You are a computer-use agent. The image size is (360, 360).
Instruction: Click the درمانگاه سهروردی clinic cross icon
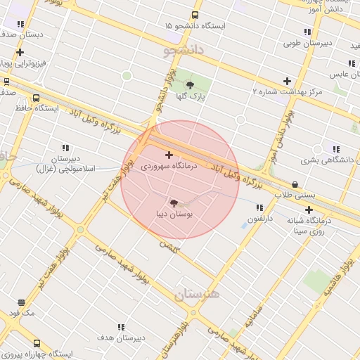[x=169, y=155]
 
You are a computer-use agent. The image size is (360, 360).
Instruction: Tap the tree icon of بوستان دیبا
[x=174, y=202]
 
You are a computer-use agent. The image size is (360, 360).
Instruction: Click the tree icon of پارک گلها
[x=189, y=85]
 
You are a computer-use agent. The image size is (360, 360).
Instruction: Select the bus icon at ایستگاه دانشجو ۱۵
[x=195, y=15]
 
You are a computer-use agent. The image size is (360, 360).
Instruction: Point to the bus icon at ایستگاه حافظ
[x=36, y=98]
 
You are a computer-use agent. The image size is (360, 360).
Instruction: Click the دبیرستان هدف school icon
[x=121, y=327]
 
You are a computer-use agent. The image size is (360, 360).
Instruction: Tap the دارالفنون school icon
[x=259, y=207]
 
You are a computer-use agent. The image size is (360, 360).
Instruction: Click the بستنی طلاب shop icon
[x=295, y=184]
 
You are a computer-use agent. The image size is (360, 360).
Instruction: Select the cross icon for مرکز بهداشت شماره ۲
[x=286, y=81]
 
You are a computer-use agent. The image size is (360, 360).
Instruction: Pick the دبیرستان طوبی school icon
[x=307, y=32]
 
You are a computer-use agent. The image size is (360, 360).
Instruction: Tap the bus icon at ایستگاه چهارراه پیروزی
[x=37, y=344]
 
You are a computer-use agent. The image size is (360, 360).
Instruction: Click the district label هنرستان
[x=193, y=294]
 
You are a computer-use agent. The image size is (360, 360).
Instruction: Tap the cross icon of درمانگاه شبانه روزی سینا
[x=309, y=210]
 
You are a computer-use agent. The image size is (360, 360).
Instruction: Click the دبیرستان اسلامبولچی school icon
[x=65, y=148]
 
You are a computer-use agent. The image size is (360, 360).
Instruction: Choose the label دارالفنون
[x=259, y=219]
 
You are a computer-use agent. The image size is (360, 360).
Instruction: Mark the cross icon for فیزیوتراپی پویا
[x=20, y=53]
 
